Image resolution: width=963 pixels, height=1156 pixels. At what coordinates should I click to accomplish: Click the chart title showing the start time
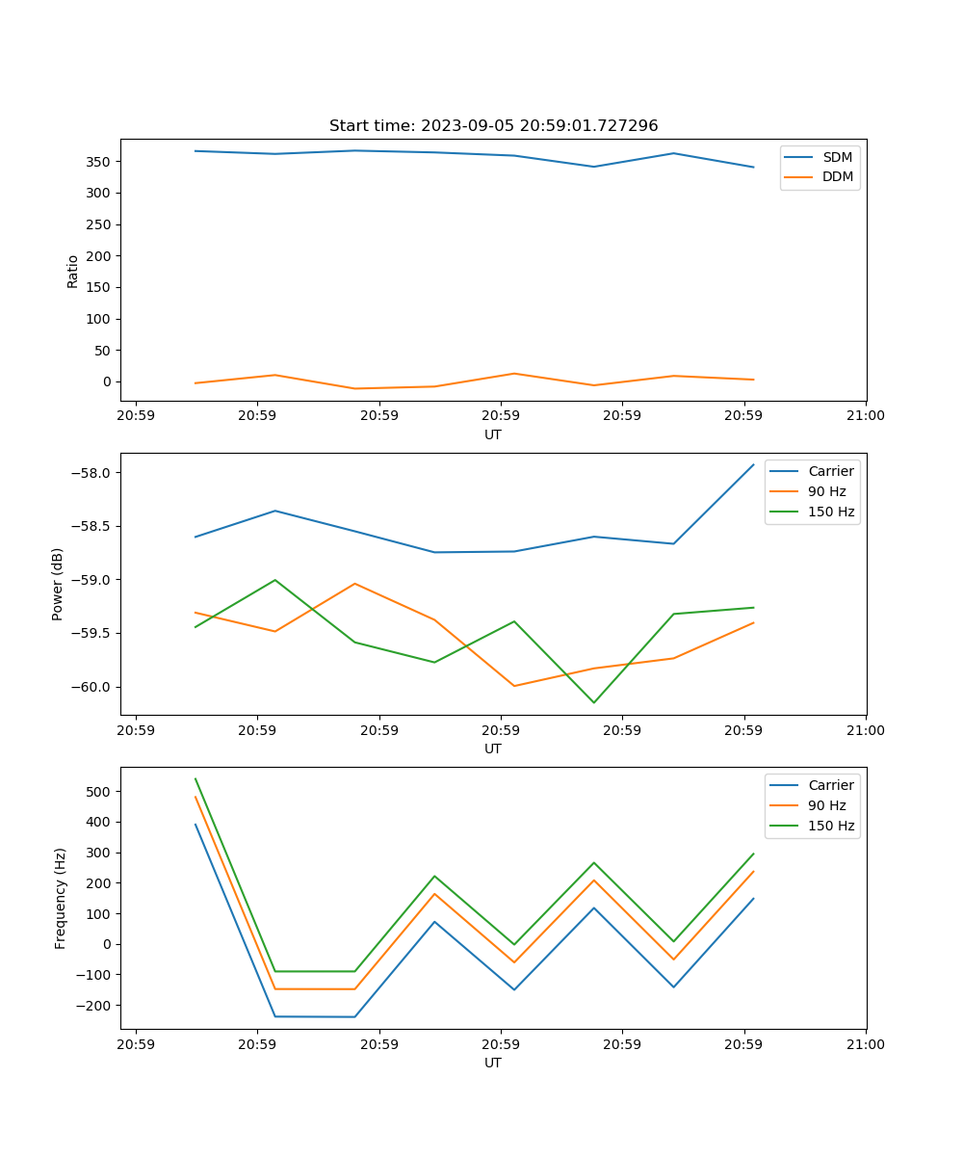493,125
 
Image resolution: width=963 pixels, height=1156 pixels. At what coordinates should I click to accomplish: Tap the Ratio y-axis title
73,271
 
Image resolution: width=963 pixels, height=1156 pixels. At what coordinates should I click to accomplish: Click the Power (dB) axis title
58,584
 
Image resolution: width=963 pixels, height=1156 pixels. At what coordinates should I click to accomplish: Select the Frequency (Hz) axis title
60,898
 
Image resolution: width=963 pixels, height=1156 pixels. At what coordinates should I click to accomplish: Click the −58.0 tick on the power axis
92,473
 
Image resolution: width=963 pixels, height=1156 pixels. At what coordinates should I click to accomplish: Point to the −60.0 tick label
92,687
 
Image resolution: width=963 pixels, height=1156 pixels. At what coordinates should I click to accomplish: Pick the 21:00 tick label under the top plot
866,416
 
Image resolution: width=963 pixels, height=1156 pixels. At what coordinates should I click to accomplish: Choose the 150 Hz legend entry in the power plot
831,512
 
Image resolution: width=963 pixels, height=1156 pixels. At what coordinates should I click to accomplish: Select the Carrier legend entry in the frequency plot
830,785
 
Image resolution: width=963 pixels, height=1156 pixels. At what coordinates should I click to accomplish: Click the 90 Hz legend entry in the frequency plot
831,805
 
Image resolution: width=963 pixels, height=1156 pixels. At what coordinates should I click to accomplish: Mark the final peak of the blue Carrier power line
753,464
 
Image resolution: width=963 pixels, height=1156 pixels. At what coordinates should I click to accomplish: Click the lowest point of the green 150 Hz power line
593,702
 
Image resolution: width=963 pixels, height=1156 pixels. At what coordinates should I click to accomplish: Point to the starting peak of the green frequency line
195,778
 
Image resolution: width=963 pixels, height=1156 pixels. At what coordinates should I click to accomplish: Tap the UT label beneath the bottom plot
493,1063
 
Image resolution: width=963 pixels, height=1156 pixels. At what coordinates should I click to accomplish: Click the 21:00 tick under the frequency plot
866,1044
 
